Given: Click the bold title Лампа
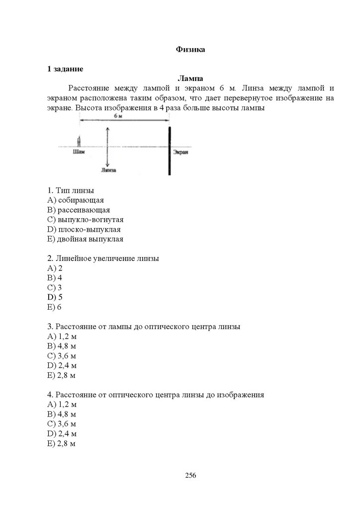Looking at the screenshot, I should point(190,78).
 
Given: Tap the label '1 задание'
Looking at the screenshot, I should point(65,69).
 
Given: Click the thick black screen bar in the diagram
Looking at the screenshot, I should point(170,151).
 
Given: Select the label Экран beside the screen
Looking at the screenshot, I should point(180,153).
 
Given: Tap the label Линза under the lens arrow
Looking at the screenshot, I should point(108,170).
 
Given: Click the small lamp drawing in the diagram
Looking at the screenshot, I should point(78,141).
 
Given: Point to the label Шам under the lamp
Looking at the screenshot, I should point(78,152).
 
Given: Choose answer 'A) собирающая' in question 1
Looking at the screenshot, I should point(76,200).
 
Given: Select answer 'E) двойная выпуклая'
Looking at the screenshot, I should point(86,239).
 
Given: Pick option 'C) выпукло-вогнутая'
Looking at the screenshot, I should point(86,219).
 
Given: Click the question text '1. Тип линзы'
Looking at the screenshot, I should point(71,190).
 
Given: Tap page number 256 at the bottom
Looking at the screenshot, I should point(190,475).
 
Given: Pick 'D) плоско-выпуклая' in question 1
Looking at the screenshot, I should point(84,229).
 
